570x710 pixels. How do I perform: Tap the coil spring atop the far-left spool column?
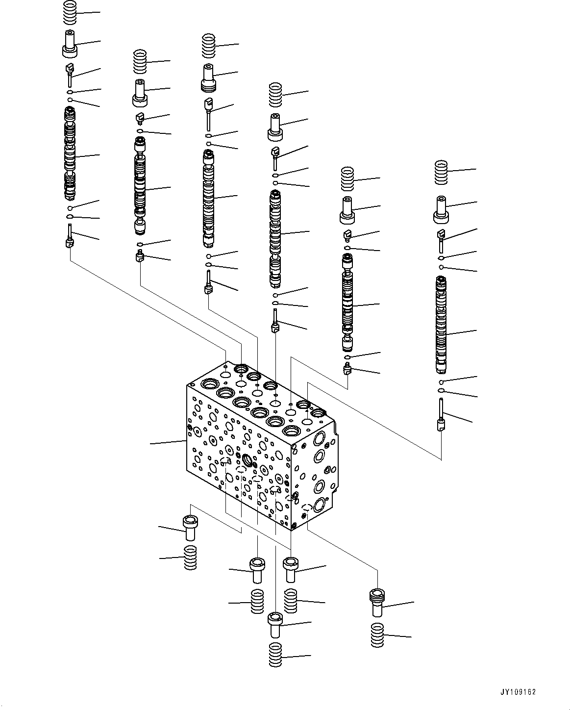tap(71, 12)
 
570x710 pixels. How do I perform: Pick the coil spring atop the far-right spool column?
tap(442, 173)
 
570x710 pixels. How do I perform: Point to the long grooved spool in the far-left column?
tap(70, 154)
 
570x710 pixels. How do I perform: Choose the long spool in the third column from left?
tap(209, 199)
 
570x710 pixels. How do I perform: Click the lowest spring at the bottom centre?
tap(275, 654)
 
